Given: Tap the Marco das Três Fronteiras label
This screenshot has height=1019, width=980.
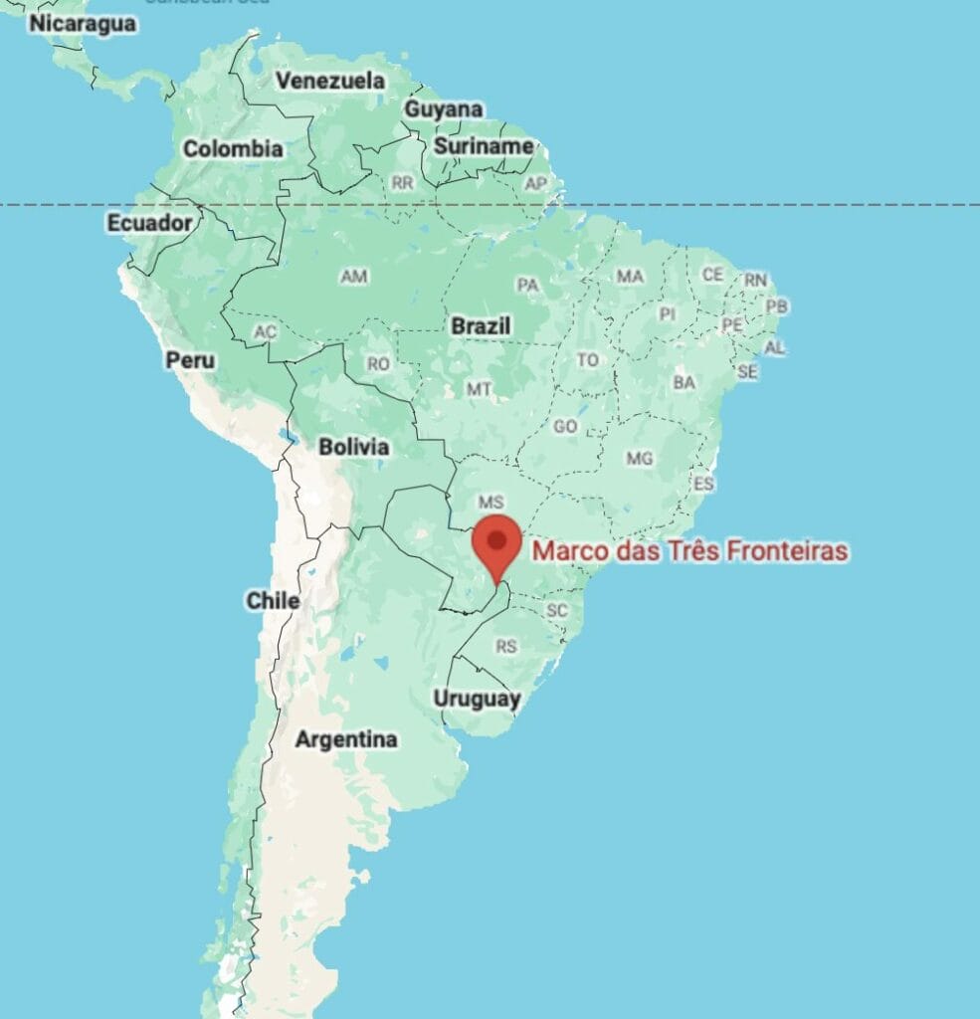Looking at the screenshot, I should pyautogui.click(x=690, y=550).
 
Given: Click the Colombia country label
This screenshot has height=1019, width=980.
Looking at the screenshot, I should pyautogui.click(x=233, y=149).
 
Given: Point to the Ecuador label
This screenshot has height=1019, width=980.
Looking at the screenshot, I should pyautogui.click(x=149, y=223).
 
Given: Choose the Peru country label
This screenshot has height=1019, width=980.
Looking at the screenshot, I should pyautogui.click(x=190, y=360).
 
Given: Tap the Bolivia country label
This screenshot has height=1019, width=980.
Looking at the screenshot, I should pyautogui.click(x=353, y=447).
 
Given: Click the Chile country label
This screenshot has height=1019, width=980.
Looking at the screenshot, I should pyautogui.click(x=273, y=600).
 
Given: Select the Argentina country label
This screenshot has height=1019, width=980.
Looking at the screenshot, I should pyautogui.click(x=346, y=739).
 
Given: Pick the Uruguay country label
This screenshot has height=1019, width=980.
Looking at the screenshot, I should pyautogui.click(x=477, y=700).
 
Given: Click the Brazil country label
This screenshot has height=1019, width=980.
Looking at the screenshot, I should pyautogui.click(x=481, y=325).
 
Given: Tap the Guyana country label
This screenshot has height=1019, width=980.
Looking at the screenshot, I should pyautogui.click(x=444, y=109).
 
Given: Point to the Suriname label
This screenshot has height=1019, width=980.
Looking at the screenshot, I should pyautogui.click(x=484, y=146).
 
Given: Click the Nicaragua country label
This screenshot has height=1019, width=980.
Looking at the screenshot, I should pyautogui.click(x=83, y=23).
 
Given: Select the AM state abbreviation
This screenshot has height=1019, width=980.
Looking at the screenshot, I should pyautogui.click(x=353, y=276).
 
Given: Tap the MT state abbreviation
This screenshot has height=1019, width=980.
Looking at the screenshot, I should pyautogui.click(x=480, y=389).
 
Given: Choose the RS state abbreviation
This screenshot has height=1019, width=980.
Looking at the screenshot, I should pyautogui.click(x=506, y=647).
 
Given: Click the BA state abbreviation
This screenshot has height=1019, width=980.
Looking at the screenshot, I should pyautogui.click(x=685, y=382).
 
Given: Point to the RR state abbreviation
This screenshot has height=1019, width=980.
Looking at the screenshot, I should pyautogui.click(x=403, y=183).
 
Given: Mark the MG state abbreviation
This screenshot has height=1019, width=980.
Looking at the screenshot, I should pyautogui.click(x=640, y=458).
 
